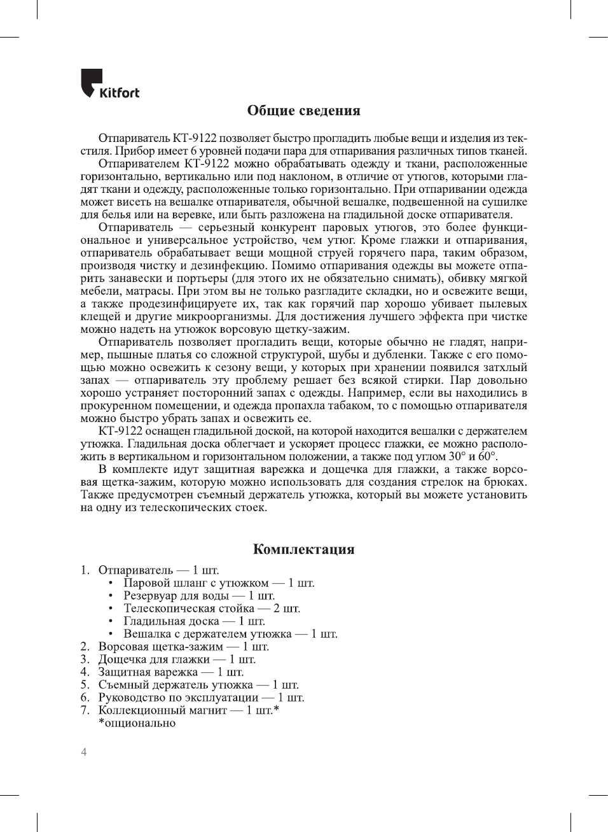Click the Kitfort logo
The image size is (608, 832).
[109, 85]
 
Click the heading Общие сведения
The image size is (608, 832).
[303, 111]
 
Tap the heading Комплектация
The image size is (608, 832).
[303, 549]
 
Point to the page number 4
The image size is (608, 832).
[84, 752]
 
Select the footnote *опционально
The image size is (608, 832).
[137, 723]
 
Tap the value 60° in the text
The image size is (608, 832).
[487, 456]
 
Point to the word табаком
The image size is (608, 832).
[351, 405]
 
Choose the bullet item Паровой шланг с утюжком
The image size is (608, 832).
[196, 583]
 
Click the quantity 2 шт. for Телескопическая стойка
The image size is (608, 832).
[287, 609]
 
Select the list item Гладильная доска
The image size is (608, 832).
[171, 621]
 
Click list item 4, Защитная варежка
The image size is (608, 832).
[148, 672]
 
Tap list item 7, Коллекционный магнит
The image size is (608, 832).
[162, 710]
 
